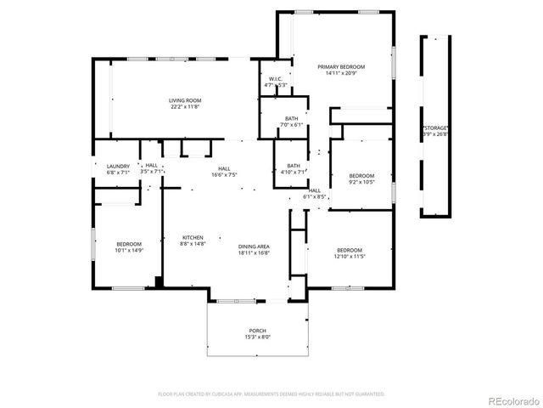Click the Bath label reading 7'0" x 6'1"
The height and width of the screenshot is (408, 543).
[291, 122]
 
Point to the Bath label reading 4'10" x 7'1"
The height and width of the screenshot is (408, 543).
[293, 168]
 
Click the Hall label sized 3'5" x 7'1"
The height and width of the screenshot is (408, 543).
[151, 168]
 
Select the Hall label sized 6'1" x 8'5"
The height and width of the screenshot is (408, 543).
[315, 193]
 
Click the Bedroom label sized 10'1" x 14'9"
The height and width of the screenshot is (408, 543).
[129, 246]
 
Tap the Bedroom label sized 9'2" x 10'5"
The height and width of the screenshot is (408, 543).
[361, 178]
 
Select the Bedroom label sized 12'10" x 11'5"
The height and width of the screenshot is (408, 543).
[350, 252]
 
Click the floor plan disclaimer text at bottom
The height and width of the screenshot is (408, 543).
[271, 394]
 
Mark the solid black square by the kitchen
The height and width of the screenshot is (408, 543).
[158, 281]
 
